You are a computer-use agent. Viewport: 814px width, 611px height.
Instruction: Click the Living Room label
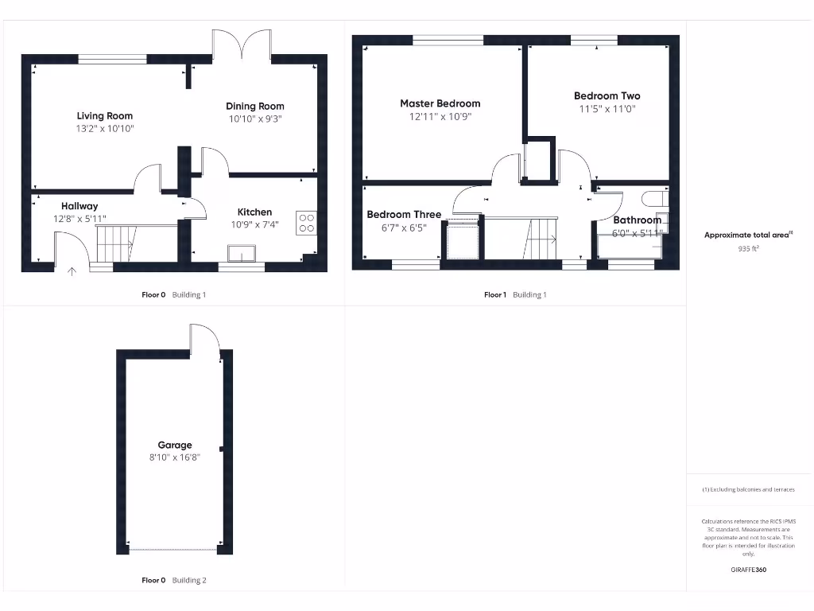(x=104, y=116)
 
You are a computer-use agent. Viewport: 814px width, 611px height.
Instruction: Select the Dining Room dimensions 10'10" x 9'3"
(x=254, y=119)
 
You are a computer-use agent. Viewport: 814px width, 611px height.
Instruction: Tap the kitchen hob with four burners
(x=307, y=223)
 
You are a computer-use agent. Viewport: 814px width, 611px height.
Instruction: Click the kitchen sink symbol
(x=239, y=253)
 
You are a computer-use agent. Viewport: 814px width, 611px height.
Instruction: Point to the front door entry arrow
(x=72, y=272)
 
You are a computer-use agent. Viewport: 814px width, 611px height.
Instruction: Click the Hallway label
(x=79, y=206)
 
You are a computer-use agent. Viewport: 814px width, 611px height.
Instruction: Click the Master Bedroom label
(x=440, y=103)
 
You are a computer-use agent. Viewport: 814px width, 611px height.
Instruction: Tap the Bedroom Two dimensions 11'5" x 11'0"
(x=607, y=108)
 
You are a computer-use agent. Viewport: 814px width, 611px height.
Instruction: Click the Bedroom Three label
(x=405, y=214)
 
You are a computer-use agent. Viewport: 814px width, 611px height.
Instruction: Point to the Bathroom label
(x=637, y=220)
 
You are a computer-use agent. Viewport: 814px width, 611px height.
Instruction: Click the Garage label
(x=174, y=446)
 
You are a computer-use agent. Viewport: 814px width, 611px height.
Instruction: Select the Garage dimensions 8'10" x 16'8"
(x=174, y=457)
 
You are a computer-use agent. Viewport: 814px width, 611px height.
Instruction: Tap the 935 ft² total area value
(x=748, y=248)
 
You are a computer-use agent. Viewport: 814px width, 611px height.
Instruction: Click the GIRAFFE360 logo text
(x=748, y=570)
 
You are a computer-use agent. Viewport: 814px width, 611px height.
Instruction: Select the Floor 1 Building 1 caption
(x=515, y=295)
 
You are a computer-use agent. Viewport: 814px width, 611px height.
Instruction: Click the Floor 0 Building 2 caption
(x=173, y=581)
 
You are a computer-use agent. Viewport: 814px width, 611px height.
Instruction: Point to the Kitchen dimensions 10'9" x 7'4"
(x=254, y=224)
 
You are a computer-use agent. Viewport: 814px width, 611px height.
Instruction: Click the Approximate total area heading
(x=748, y=235)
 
